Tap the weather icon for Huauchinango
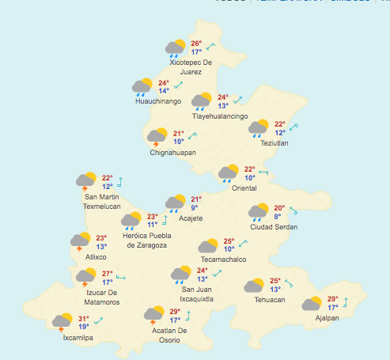(x=142, y=86)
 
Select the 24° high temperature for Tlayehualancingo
(x=223, y=97)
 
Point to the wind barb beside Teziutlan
(x=294, y=127)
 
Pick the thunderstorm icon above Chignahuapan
(x=157, y=137)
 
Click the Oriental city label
(x=244, y=188)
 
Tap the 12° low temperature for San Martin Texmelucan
(x=107, y=187)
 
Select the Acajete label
(x=191, y=218)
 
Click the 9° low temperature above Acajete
(x=194, y=208)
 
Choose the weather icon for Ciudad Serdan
(x=259, y=211)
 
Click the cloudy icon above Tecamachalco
(x=208, y=246)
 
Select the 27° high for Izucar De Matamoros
(x=107, y=274)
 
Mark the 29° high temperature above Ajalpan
(x=332, y=299)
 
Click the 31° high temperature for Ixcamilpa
(x=83, y=318)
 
